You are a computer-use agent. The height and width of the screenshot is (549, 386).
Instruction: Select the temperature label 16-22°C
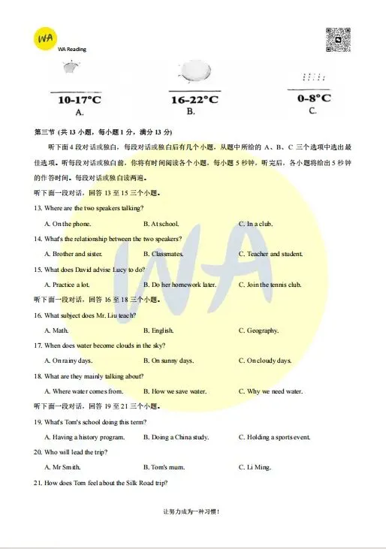coord(195,99)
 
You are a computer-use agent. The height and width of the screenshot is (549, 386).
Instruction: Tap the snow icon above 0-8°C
coord(312,77)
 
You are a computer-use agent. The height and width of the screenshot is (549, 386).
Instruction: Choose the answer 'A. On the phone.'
coord(68,224)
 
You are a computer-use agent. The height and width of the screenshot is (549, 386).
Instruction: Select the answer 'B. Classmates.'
coord(164,254)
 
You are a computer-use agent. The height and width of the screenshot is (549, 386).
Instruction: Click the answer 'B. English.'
coord(158,330)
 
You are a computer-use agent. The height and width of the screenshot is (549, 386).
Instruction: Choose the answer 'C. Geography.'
coord(258,330)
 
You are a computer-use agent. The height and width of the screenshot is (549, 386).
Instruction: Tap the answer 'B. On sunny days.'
coord(168,360)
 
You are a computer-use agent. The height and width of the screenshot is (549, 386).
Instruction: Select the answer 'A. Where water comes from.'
coord(83,391)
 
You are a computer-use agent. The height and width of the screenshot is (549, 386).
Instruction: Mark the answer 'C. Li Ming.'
coord(255,467)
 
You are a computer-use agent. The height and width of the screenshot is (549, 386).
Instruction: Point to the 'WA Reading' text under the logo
coord(72,49)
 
